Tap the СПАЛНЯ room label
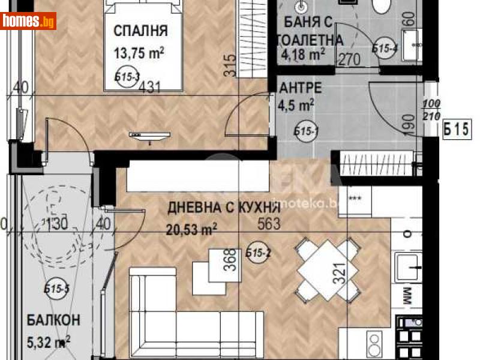pyautogui.click(x=140, y=31)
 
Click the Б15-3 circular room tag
pyautogui.click(x=127, y=76)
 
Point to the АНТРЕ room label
pyautogui.click(x=301, y=88)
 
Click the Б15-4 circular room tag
pyautogui.click(x=384, y=49)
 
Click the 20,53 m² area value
pyautogui.click(x=191, y=229)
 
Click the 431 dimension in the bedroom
pyautogui.click(x=149, y=88)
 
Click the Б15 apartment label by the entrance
pyautogui.click(x=455, y=128)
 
